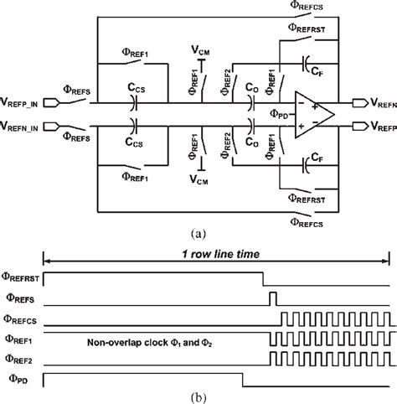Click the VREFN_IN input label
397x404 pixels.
(26, 128)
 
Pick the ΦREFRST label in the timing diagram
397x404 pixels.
(20, 277)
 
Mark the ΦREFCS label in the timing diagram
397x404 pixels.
(22, 319)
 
